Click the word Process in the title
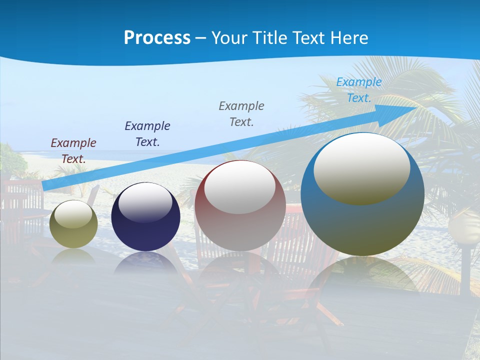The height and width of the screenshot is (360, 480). pyautogui.click(x=157, y=38)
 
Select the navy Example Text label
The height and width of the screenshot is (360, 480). pyautogui.click(x=147, y=133)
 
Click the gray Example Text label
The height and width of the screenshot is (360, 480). pyautogui.click(x=241, y=113)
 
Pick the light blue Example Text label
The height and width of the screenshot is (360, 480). pyautogui.click(x=359, y=89)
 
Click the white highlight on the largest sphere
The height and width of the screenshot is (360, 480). pyautogui.click(x=362, y=167)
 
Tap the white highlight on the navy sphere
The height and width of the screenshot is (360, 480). pyautogui.click(x=145, y=202)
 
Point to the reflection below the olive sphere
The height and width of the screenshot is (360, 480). pyautogui.click(x=73, y=257)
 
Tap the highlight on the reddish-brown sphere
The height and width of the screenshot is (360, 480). pyautogui.click(x=240, y=186)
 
